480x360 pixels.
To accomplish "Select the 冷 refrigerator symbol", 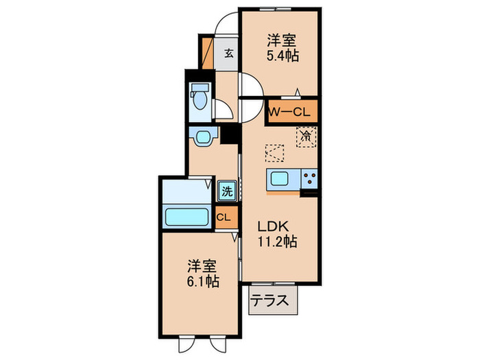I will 307,135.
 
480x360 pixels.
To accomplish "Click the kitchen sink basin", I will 280,180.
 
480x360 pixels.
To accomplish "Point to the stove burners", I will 308,180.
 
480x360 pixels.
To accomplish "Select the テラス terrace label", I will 269,300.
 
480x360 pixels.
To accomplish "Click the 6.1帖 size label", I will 203,280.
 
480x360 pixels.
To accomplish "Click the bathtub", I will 187,218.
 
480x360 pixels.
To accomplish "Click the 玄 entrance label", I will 228,52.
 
